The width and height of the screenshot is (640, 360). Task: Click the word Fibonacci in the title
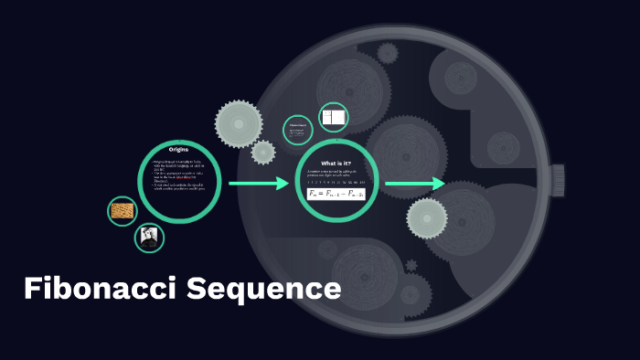101,290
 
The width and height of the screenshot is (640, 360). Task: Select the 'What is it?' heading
336,163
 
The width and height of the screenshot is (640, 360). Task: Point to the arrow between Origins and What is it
258,185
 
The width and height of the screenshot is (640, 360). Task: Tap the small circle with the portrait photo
149,238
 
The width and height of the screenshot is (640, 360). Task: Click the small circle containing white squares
334,118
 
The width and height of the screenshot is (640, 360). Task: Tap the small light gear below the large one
263,152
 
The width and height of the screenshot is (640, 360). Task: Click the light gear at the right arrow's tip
427,217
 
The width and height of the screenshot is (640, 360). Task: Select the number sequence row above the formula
336,183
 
